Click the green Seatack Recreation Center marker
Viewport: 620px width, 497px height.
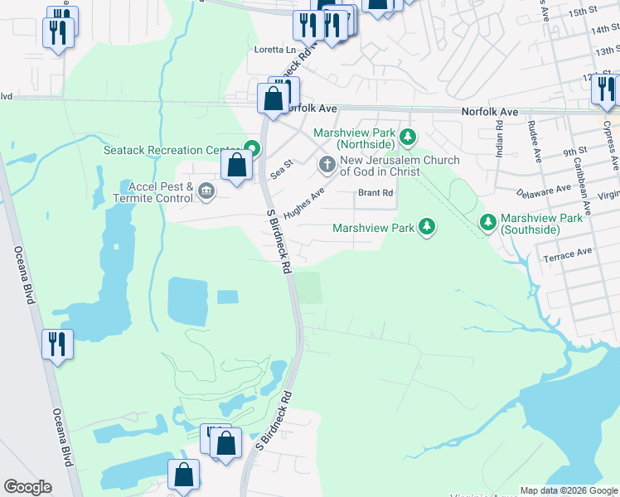251,150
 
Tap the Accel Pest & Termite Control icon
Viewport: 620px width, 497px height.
206,193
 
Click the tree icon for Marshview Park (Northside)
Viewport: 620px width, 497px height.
407,136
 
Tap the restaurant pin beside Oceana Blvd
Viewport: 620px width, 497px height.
57,344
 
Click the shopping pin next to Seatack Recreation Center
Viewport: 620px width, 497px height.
237,165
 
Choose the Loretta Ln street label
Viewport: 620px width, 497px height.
274,50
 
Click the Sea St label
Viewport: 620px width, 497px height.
283,170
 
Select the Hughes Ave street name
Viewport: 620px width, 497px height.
303,201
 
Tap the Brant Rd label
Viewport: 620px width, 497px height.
375,193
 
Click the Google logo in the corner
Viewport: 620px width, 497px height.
27,487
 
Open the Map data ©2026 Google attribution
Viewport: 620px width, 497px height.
569,490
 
